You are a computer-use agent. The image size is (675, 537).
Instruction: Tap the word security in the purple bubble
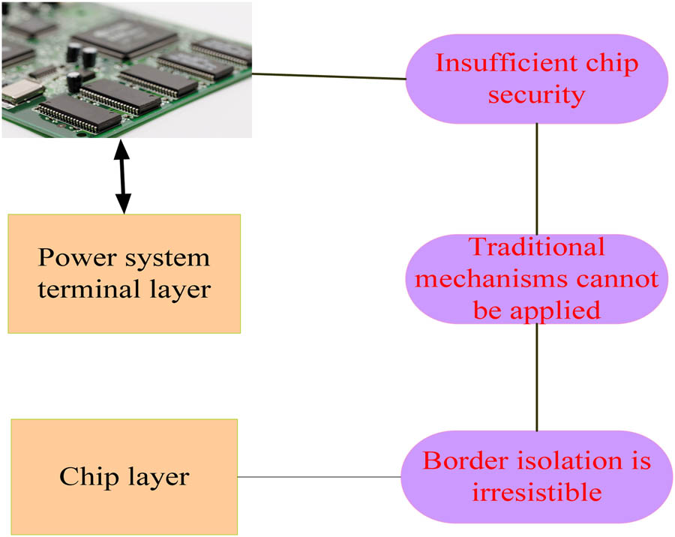click(x=537, y=94)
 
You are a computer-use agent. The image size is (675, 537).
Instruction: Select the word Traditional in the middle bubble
click(x=536, y=247)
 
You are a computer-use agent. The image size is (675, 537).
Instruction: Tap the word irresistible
click(x=536, y=492)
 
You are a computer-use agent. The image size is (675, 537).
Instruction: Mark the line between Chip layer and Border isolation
click(x=319, y=477)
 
